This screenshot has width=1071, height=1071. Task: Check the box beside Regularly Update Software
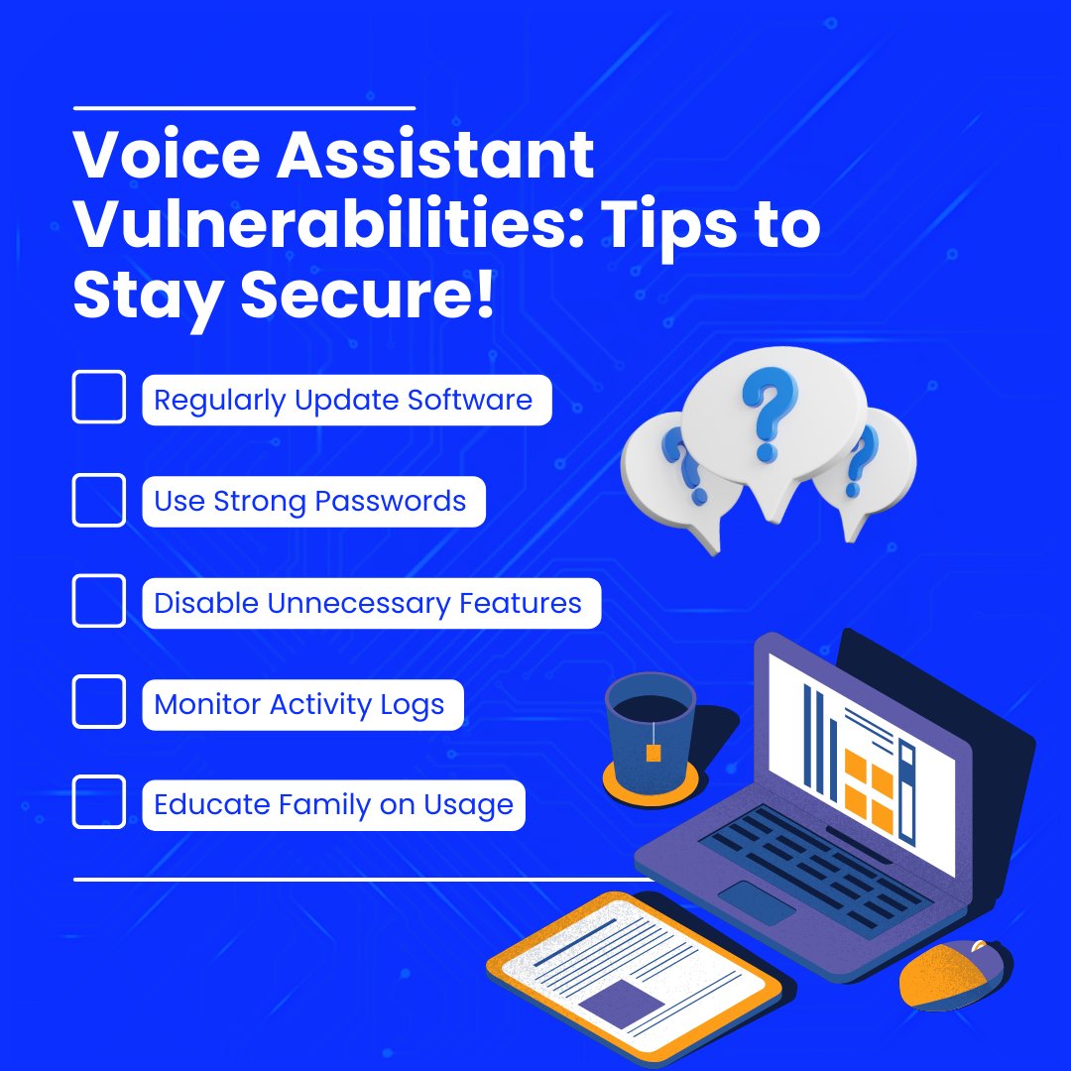(99, 397)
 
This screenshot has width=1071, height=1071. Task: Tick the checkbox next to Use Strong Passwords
(99, 500)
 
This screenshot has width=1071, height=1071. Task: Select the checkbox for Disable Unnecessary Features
(99, 601)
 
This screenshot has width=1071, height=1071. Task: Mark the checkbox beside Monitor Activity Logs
(99, 703)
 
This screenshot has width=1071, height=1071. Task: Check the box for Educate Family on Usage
(99, 802)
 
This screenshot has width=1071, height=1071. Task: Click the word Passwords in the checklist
(390, 501)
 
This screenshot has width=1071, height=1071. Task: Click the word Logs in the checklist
(413, 705)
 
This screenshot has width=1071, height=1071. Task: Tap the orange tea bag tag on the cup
(653, 753)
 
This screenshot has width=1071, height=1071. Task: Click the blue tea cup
(650, 729)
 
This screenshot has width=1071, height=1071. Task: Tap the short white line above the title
(244, 106)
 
